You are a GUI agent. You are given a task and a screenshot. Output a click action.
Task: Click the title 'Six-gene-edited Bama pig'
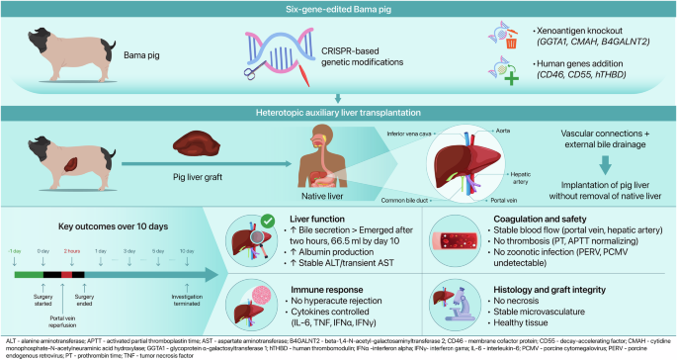[x=338, y=9]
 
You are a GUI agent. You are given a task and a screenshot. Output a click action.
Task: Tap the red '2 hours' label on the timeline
[x=72, y=252]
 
